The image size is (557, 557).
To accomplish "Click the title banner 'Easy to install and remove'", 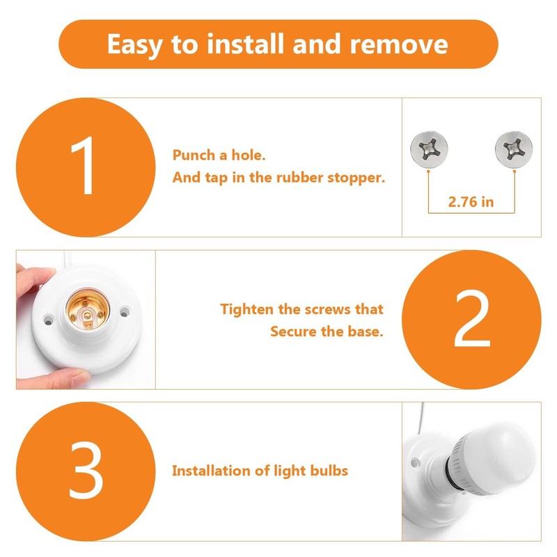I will click(x=278, y=45).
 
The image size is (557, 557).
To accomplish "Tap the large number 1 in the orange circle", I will click(x=86, y=168).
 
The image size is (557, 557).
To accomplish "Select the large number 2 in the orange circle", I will click(x=471, y=320).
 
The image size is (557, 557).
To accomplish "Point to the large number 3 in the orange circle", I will click(x=86, y=471).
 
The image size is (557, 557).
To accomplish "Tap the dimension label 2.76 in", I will click(x=471, y=203).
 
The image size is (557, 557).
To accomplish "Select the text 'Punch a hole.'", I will click(x=219, y=155).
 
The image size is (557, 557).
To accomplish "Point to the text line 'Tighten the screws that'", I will click(x=301, y=308).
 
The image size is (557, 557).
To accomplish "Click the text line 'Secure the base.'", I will click(x=327, y=331).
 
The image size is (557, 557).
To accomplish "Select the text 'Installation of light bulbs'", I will click(x=260, y=471).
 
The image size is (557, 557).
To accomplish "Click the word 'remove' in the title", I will click(x=399, y=45).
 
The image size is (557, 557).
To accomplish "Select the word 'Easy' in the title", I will click(x=136, y=45).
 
